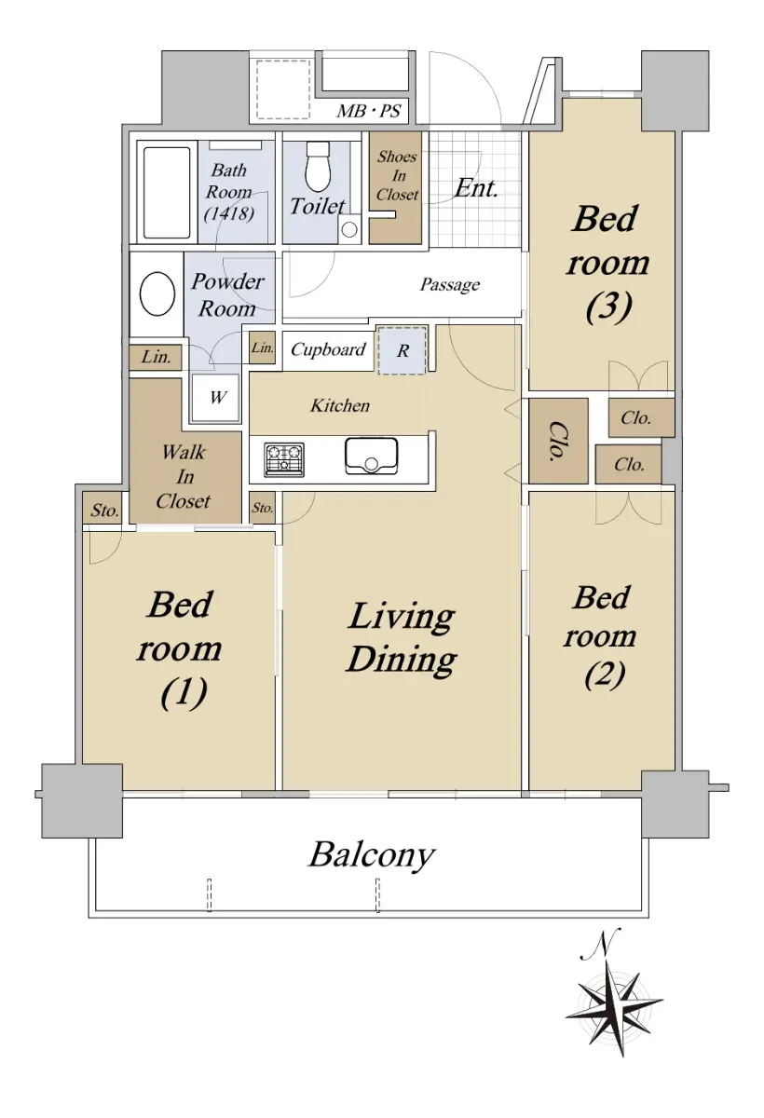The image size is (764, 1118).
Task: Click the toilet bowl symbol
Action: pyautogui.click(x=319, y=167)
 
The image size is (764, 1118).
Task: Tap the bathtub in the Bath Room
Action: pyautogui.click(x=167, y=193)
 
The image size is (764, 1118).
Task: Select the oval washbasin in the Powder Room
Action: pyautogui.click(x=157, y=294)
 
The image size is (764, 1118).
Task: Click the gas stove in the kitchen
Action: pyautogui.click(x=284, y=459)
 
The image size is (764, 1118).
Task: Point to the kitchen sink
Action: pyautogui.click(x=371, y=457)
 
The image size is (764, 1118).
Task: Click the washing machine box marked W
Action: pyautogui.click(x=215, y=398)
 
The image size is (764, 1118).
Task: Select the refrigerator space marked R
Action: pyautogui.click(x=402, y=350)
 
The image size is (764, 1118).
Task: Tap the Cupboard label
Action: pyautogui.click(x=328, y=349)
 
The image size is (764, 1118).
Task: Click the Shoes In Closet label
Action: pyautogui.click(x=397, y=176)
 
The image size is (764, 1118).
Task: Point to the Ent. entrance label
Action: pyautogui.click(x=476, y=189)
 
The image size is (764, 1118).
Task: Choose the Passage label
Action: pyautogui.click(x=450, y=284)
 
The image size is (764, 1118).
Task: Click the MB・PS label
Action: pyautogui.click(x=369, y=111)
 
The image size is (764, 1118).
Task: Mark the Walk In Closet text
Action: pyautogui.click(x=184, y=477)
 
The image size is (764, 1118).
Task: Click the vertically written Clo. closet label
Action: pyautogui.click(x=558, y=441)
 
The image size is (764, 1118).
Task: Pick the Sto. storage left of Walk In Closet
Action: pyautogui.click(x=104, y=511)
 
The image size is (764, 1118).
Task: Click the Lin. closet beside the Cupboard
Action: pyautogui.click(x=263, y=348)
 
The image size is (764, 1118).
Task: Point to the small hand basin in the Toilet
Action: pyautogui.click(x=348, y=229)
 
